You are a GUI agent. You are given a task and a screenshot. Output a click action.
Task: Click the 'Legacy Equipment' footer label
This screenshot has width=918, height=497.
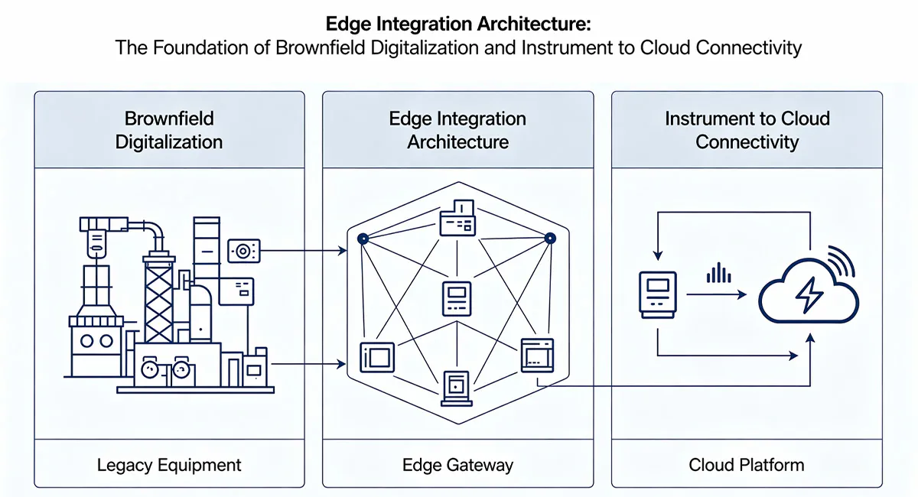pyautogui.click(x=169, y=465)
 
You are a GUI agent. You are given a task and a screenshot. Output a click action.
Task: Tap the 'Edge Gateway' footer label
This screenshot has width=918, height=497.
pyautogui.click(x=457, y=465)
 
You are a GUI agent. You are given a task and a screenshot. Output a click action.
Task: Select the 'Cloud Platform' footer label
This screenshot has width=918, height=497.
pyautogui.click(x=746, y=465)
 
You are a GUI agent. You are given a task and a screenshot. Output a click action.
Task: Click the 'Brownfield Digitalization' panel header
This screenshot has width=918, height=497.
pyautogui.click(x=169, y=130)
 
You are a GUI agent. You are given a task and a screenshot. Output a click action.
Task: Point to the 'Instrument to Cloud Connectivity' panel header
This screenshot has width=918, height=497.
pyautogui.click(x=746, y=130)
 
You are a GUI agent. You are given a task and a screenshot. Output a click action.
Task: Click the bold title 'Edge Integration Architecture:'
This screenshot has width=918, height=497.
pyautogui.click(x=457, y=24)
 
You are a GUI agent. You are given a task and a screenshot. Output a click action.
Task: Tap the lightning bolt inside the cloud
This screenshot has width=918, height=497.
pyautogui.click(x=808, y=295)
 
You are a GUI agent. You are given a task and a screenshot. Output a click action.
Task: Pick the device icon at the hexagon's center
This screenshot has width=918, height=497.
pyautogui.click(x=457, y=297)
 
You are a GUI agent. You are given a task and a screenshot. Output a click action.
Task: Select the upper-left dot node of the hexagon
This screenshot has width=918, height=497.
pyautogui.click(x=363, y=239)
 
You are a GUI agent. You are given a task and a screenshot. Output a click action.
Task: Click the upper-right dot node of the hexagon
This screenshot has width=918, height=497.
pyautogui.click(x=549, y=239)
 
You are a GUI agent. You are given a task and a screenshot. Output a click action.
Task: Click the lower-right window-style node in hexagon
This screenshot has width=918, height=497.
pyautogui.click(x=536, y=355)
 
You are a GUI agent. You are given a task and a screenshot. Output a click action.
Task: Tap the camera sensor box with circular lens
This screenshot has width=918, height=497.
pyautogui.click(x=244, y=250)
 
